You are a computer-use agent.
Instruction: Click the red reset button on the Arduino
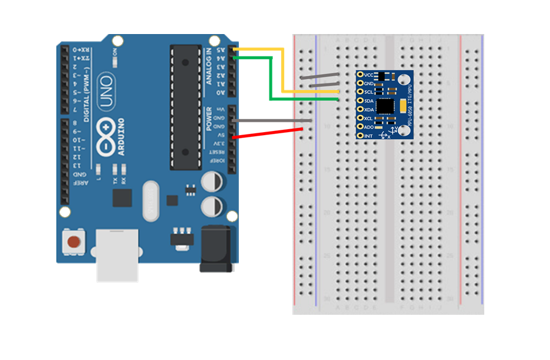(x=73, y=241)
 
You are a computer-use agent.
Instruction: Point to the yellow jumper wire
(x=282, y=70)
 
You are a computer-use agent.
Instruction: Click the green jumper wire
(x=271, y=79)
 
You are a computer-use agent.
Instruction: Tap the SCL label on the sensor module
(x=369, y=92)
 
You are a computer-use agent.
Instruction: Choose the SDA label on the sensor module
(x=369, y=101)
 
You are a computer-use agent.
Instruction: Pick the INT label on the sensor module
(x=368, y=136)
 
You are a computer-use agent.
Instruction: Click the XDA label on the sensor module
(x=369, y=110)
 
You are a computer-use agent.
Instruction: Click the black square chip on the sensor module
(x=386, y=106)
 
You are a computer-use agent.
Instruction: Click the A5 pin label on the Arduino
(x=222, y=50)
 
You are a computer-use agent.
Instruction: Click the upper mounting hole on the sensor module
(x=403, y=80)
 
